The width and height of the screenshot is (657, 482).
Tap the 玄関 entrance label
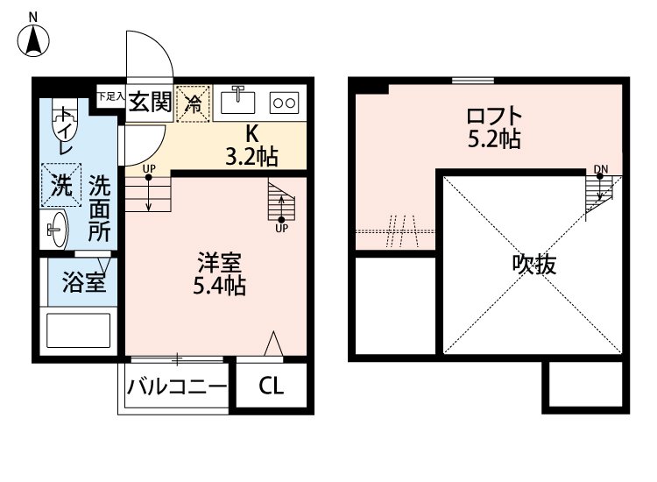coord(150,103)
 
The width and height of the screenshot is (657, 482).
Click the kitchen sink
coord(238,101)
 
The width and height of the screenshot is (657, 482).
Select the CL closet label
coord(271,387)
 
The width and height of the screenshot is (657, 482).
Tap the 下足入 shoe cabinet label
coord(110,95)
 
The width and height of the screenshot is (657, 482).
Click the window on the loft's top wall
coord(474,82)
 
